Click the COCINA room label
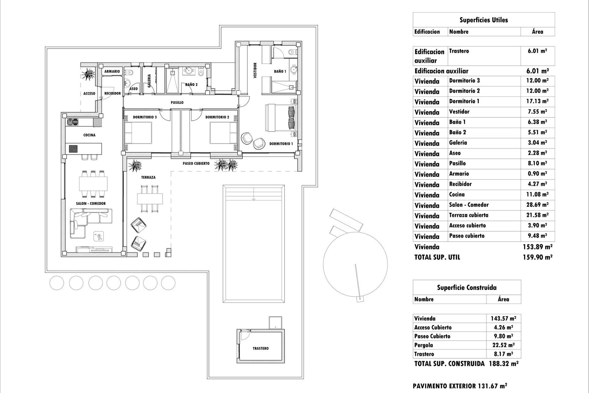click(89, 135)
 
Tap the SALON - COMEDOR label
click(91, 204)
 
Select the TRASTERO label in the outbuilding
click(260, 348)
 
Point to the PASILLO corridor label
click(177, 103)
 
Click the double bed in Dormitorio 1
click(281, 118)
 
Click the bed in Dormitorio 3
click(138, 133)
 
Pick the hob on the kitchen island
click(73, 149)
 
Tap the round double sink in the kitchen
click(73, 122)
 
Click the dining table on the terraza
click(150, 199)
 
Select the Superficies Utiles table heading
click(483, 20)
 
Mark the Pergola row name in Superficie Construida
click(423, 345)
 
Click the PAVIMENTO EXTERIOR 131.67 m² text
click(460, 386)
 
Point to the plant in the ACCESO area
click(89, 74)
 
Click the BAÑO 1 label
click(280, 72)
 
